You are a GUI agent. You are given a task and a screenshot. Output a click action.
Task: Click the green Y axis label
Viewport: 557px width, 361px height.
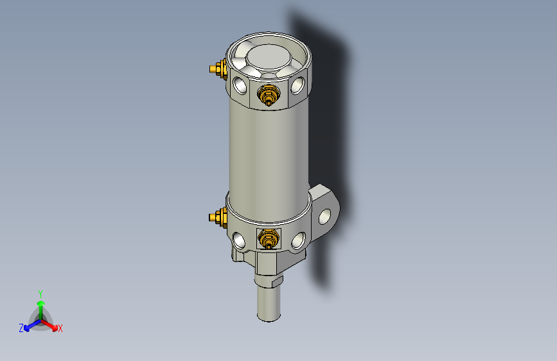click(40, 293)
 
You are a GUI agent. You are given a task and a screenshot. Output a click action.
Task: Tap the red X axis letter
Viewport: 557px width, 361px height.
click(60, 329)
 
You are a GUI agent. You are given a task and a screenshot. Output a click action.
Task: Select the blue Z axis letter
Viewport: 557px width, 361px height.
click(21, 328)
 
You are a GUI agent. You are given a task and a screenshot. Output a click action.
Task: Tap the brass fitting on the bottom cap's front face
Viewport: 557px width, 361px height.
click(268, 240)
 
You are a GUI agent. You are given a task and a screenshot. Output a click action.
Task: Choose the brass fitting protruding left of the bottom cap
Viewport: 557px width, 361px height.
click(217, 218)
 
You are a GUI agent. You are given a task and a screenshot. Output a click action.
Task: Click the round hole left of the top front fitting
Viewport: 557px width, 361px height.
click(241, 84)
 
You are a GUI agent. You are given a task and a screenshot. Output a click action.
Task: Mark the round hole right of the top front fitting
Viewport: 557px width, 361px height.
click(297, 86)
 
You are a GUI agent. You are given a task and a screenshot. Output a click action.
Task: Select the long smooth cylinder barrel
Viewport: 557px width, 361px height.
click(268, 154)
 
